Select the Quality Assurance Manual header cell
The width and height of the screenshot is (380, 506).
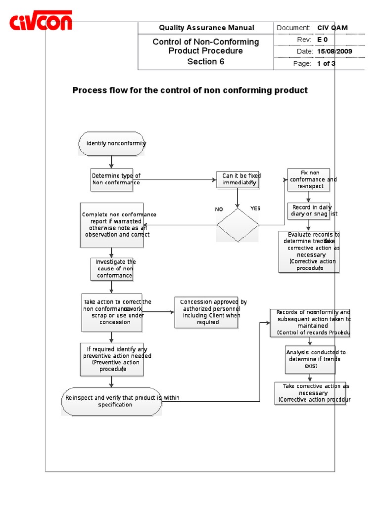coord(206,28)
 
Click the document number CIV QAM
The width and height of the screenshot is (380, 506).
coord(332,28)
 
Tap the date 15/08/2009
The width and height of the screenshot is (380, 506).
coord(334,51)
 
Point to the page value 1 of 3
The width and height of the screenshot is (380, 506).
coord(326,63)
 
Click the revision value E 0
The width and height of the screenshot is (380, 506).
coord(323,40)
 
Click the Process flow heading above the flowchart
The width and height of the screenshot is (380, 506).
coord(190,90)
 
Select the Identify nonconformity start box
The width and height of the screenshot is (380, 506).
coord(111,143)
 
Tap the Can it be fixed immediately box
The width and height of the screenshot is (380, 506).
coord(238,179)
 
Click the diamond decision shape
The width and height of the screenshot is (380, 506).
coord(238,225)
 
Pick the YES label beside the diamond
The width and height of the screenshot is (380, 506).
coord(255,209)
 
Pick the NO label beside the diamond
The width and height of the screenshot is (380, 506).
coord(219,209)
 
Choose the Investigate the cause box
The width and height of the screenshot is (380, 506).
coord(112,269)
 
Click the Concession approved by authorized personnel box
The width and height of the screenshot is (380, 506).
coord(206,312)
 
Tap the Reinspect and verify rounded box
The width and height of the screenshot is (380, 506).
coord(112,401)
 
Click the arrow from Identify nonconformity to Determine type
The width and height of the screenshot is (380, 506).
coord(112,162)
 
